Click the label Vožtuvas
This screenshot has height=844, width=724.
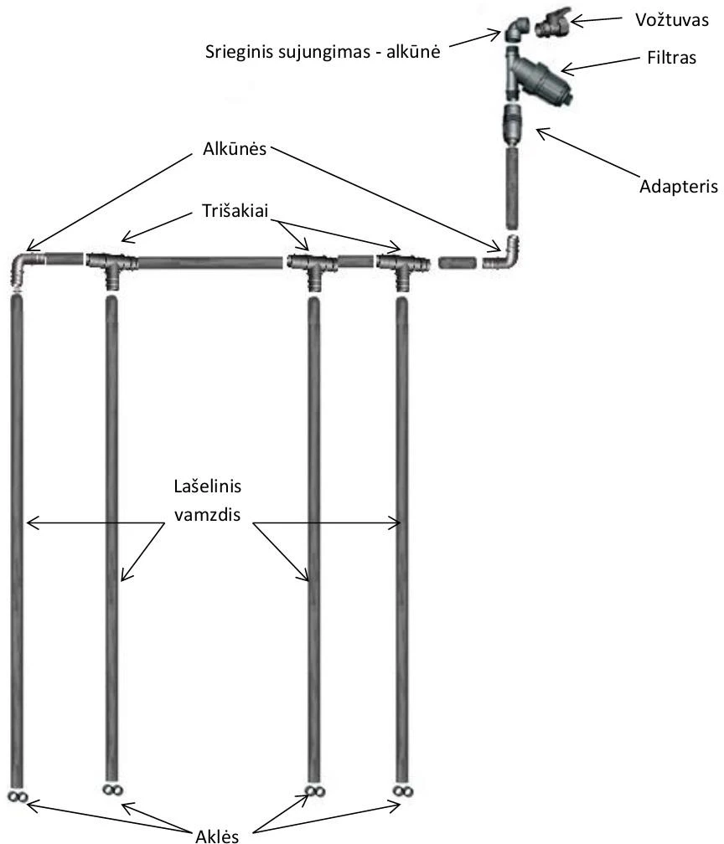point(672,20)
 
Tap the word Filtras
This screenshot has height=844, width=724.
point(672,58)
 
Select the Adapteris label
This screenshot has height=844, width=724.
point(678,187)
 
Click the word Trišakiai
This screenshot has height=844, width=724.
point(235,210)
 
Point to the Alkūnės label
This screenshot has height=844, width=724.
point(235,148)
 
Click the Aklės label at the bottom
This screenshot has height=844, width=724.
point(217,836)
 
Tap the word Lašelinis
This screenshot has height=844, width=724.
point(208,486)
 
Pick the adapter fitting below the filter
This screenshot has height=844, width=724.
point(511,124)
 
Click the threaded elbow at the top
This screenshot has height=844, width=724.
point(517,29)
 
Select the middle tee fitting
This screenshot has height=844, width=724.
point(313,267)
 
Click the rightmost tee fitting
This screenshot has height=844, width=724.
point(402,267)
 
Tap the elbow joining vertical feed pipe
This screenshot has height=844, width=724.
point(504,255)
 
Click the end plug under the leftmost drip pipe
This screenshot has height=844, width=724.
point(18,796)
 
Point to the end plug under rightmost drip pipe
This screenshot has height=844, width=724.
point(402,790)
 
